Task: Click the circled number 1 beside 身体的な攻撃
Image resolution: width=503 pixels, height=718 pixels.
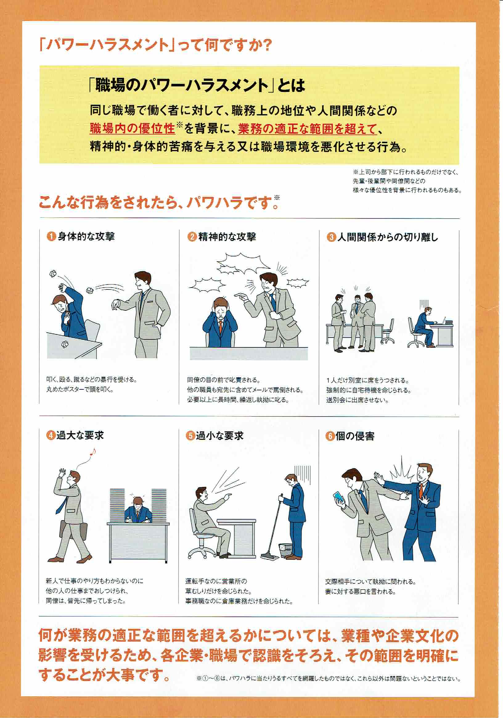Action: pyautogui.click(x=51, y=237)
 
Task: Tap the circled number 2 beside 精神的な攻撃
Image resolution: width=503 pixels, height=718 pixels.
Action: pyautogui.click(x=192, y=237)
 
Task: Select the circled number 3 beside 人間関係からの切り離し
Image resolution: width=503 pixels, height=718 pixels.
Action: pyautogui.click(x=331, y=237)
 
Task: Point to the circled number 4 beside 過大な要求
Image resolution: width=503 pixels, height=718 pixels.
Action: pyautogui.click(x=50, y=435)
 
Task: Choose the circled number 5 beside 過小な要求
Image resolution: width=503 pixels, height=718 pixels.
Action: pyautogui.click(x=190, y=436)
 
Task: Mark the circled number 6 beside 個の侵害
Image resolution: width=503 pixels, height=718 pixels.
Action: pyautogui.click(x=329, y=436)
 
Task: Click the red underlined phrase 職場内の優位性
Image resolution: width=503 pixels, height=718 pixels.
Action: pyautogui.click(x=132, y=129)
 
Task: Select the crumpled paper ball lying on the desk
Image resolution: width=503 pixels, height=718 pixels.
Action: pyautogui.click(x=65, y=345)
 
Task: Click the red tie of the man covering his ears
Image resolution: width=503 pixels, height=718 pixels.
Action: pyautogui.click(x=221, y=327)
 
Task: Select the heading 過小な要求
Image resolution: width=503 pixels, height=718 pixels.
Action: pyautogui.click(x=219, y=436)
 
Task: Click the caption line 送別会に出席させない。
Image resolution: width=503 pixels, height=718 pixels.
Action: pyautogui.click(x=358, y=400)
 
